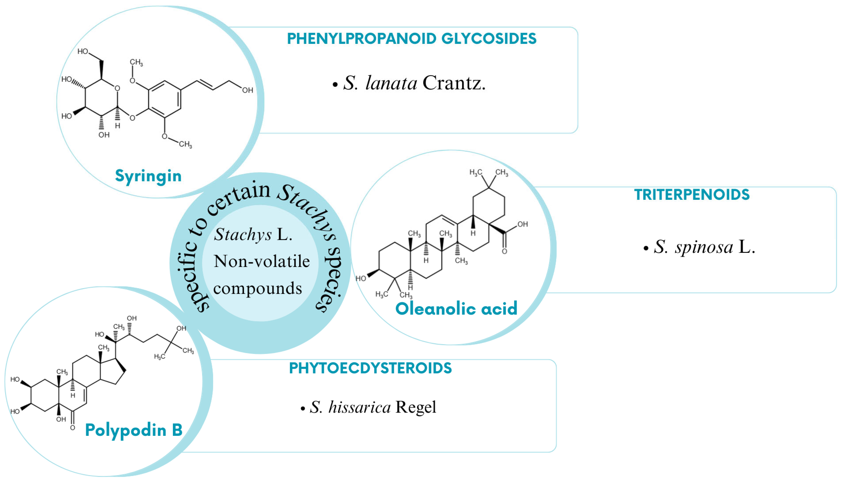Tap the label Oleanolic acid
tap(456, 308)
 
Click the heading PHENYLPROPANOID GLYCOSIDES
tap(412, 39)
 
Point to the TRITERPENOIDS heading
tap(692, 195)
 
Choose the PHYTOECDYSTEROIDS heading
tap(370, 368)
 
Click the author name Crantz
tap(454, 83)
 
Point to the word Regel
tap(416, 407)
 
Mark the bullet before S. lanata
tap(335, 85)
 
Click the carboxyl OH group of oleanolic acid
tap(522, 224)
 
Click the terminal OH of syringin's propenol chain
tap(247, 90)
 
